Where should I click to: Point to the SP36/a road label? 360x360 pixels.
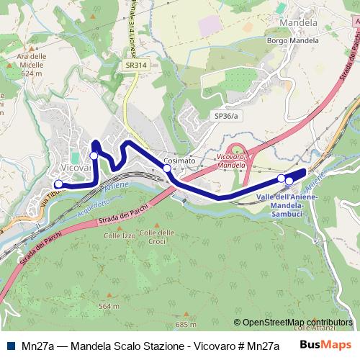pyautogui.click(x=225, y=115)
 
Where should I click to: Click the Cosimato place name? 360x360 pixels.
pyautogui.click(x=179, y=161)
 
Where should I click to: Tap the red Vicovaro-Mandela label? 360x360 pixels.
pyautogui.click(x=231, y=161)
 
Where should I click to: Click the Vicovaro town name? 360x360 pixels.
pyautogui.click(x=76, y=167)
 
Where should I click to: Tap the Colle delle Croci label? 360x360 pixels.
pyautogui.click(x=156, y=236)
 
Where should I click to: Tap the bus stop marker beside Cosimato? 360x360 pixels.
pyautogui.click(x=167, y=168)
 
